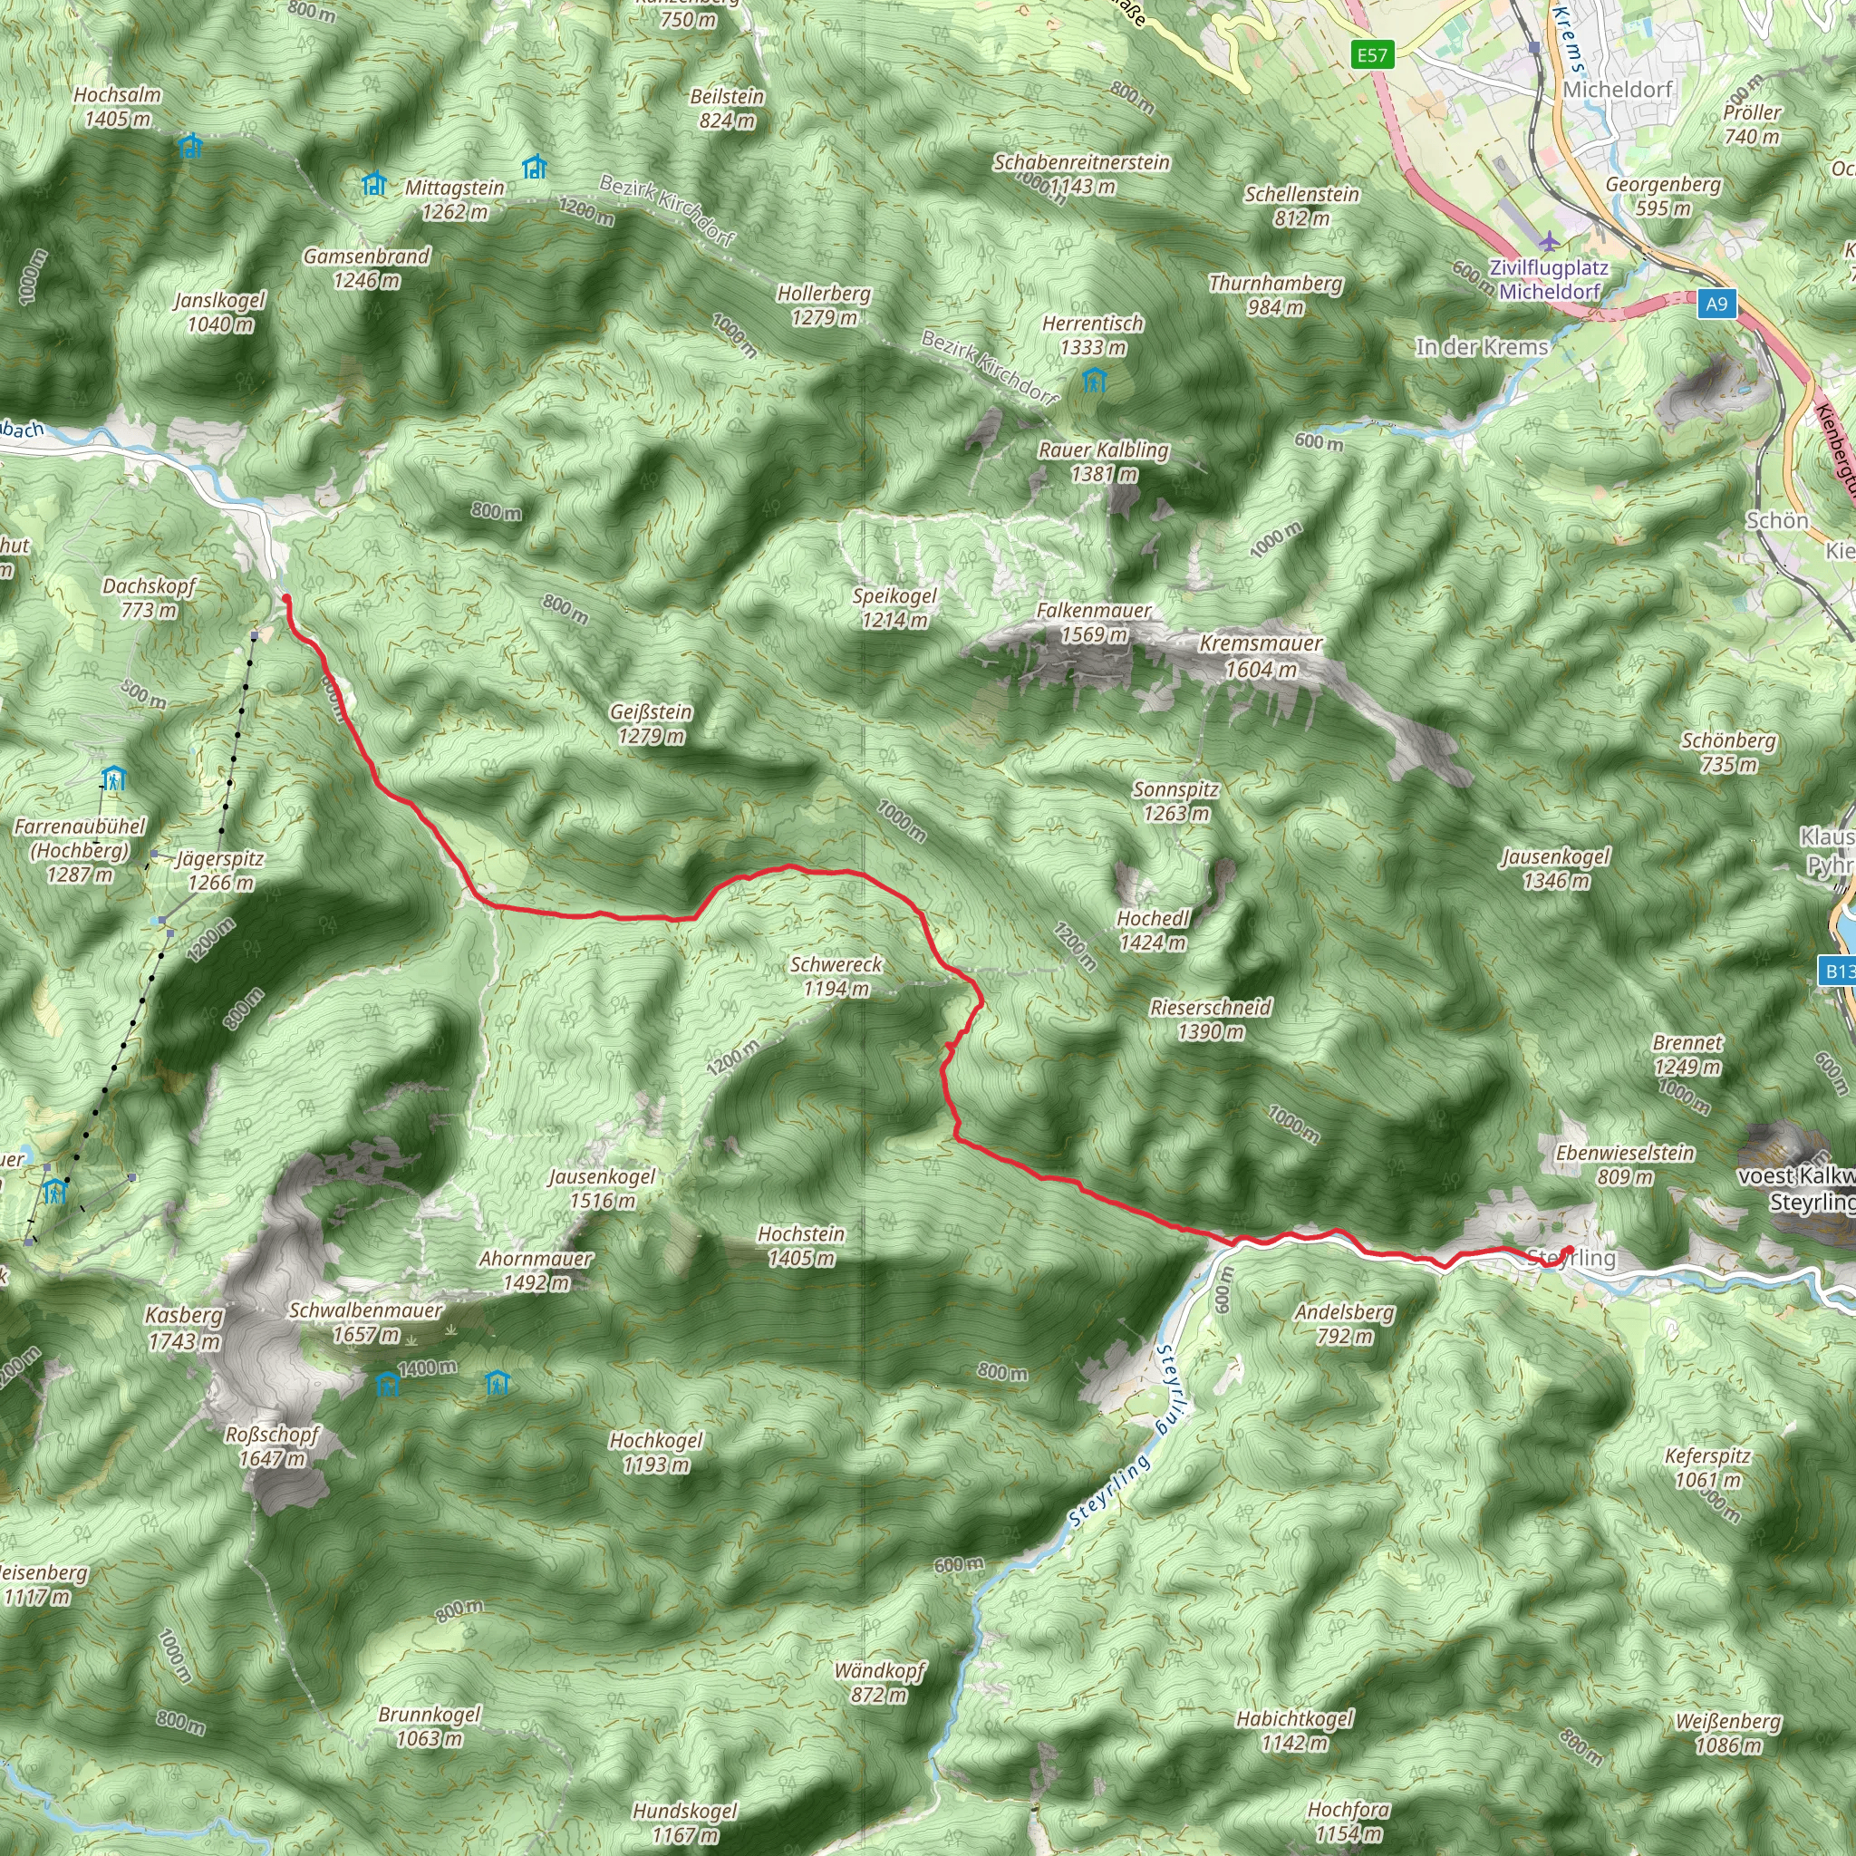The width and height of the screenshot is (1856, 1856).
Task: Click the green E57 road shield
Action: tap(1372, 54)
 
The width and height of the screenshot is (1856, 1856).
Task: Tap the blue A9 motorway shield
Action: tap(1716, 304)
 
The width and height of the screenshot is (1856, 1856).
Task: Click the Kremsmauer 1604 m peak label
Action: tap(1261, 656)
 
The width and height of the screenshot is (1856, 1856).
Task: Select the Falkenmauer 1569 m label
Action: tap(1093, 623)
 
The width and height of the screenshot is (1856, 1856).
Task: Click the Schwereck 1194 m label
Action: tap(836, 976)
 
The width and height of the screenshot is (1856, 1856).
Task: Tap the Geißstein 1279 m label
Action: tap(651, 723)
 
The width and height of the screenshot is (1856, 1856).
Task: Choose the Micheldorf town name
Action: tap(1618, 90)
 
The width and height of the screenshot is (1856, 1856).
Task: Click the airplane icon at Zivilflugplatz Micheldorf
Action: tap(1548, 240)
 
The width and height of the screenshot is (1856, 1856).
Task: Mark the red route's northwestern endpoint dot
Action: tap(286, 599)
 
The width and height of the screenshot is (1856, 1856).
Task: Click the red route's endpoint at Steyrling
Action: tap(1569, 1250)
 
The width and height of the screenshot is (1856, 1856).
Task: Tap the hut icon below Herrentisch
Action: tap(1093, 381)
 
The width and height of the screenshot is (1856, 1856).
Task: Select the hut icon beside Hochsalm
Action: tap(190, 146)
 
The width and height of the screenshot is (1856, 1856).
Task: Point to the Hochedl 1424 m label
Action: tap(1153, 930)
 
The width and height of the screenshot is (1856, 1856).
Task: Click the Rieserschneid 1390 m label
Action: tap(1211, 1020)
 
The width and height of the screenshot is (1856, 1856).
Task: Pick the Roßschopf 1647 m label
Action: tap(272, 1445)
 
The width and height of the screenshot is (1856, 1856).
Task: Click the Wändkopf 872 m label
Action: tap(879, 1682)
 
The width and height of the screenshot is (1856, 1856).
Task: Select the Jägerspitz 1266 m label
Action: tap(220, 870)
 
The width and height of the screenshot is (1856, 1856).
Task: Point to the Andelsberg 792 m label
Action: tap(1344, 1324)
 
